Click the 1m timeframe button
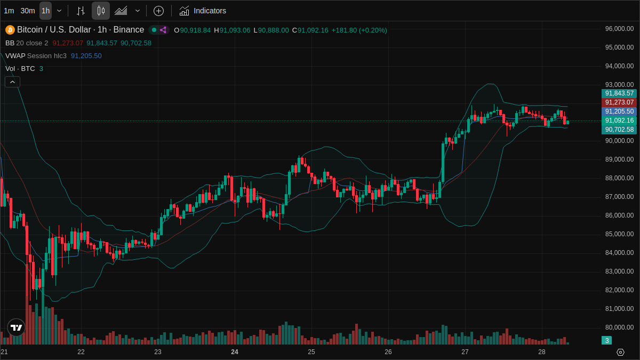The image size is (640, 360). tap(9, 11)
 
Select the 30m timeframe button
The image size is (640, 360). tap(28, 11)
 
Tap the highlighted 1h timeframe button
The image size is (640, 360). tap(45, 11)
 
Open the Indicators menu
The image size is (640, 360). tap(203, 11)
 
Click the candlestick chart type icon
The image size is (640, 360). tap(100, 11)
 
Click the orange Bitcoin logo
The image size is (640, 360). tap(10, 30)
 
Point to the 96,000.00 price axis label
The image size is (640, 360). tap(619, 29)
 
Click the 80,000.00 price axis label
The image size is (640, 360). tap(619, 327)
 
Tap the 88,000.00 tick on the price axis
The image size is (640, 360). tap(619, 178)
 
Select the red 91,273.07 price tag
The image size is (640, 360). tap(619, 102)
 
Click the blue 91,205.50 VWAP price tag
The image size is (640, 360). tap(619, 111)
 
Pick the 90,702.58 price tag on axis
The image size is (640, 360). tap(619, 130)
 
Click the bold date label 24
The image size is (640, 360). tap(235, 352)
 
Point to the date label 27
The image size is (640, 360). tap(465, 352)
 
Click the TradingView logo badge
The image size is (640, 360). tap(16, 327)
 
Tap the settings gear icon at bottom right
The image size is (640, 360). tap(620, 352)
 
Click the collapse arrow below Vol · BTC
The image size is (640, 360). tap(12, 82)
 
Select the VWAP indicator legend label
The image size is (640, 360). tap(15, 55)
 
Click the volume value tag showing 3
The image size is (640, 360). tap(606, 340)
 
